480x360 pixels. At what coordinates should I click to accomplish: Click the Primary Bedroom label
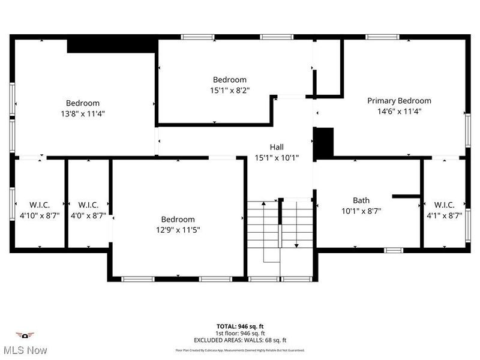pos(399,101)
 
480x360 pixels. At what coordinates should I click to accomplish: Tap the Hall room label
pos(277,147)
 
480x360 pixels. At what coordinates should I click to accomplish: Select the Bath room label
pos(361,200)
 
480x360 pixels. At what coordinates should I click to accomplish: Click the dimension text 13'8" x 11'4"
pos(83,114)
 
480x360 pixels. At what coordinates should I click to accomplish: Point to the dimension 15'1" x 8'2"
pos(230,91)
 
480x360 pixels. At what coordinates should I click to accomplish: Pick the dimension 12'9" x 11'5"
pos(178,230)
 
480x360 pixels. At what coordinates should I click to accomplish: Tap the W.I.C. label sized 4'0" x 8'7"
pos(88,205)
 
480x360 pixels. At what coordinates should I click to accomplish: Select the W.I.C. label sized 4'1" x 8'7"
pos(444,205)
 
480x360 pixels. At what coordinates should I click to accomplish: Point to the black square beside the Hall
pos(324,142)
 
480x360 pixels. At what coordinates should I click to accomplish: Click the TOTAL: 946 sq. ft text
pos(240,327)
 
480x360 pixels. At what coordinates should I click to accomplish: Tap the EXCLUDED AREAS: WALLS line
pos(240,340)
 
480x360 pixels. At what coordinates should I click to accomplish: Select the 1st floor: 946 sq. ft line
pos(240,334)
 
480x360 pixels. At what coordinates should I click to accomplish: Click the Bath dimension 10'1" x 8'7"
pos(361,211)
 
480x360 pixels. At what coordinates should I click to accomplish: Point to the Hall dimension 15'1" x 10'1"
pos(277,158)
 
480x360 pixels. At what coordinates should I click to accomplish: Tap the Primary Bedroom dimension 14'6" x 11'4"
pos(399,111)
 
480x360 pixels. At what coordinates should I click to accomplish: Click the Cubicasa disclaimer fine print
pos(240,350)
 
